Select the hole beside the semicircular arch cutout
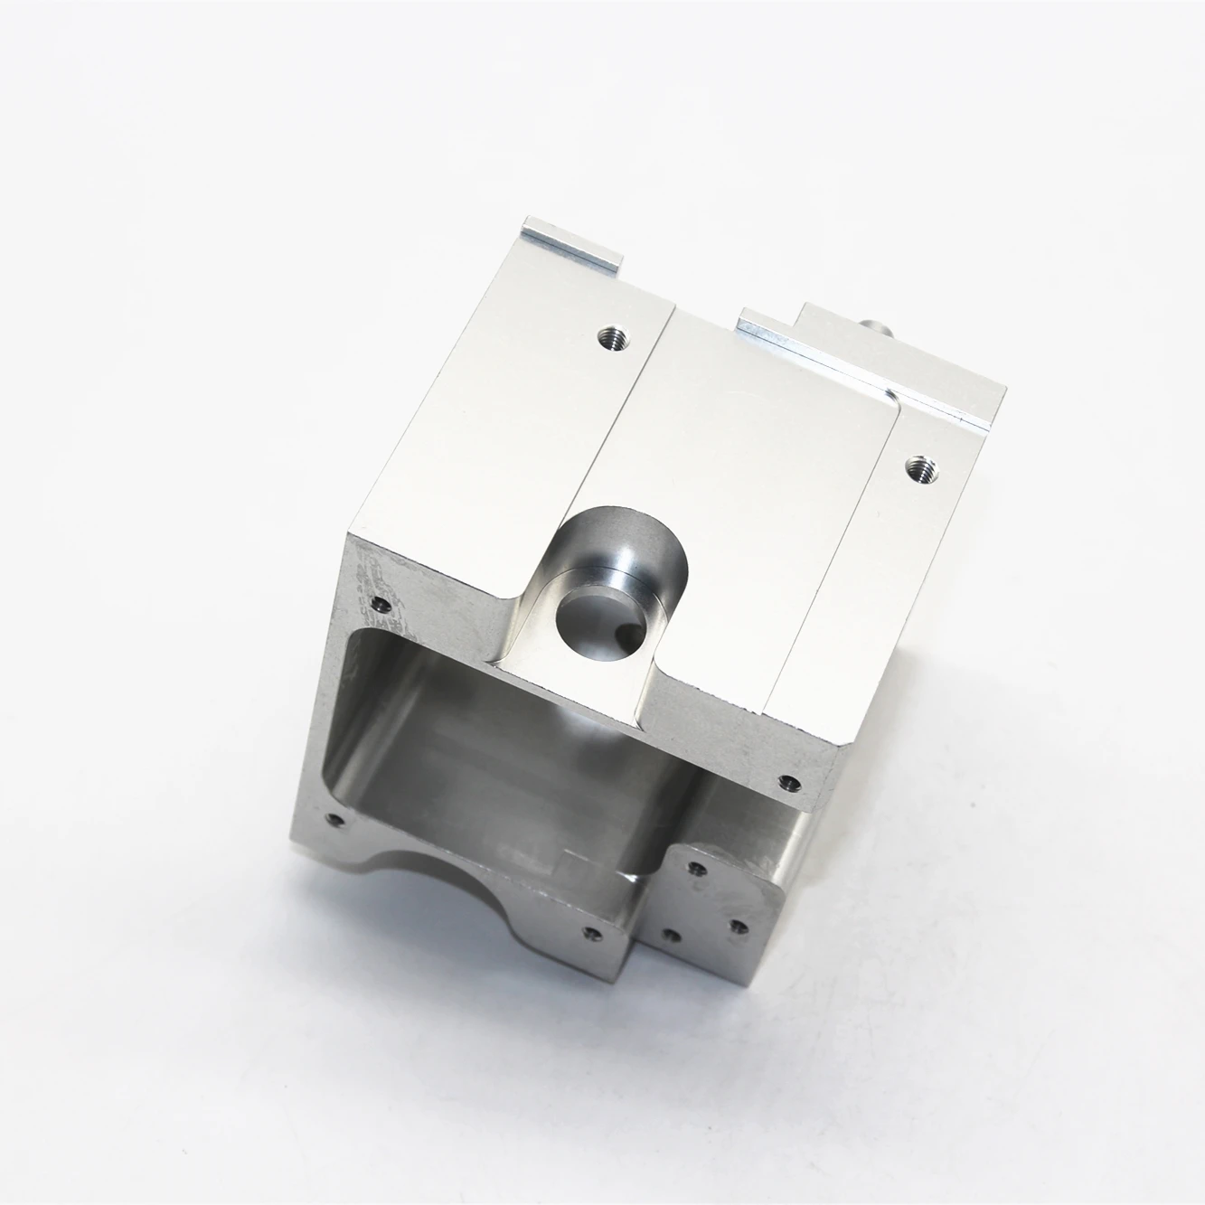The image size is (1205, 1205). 592,934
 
